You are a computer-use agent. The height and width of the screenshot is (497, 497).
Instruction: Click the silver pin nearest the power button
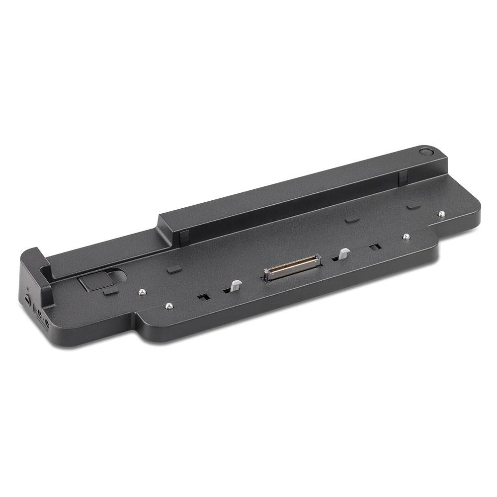pyautogui.click(x=442, y=214)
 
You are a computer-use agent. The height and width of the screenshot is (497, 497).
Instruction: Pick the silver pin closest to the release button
pyautogui.click(x=142, y=292)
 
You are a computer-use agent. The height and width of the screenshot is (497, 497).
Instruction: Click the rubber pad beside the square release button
pyautogui.click(x=110, y=293)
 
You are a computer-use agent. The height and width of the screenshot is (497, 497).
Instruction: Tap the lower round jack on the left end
pyautogui.click(x=46, y=325)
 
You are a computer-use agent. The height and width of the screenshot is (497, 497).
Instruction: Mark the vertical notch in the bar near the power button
pyautogui.click(x=403, y=176)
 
